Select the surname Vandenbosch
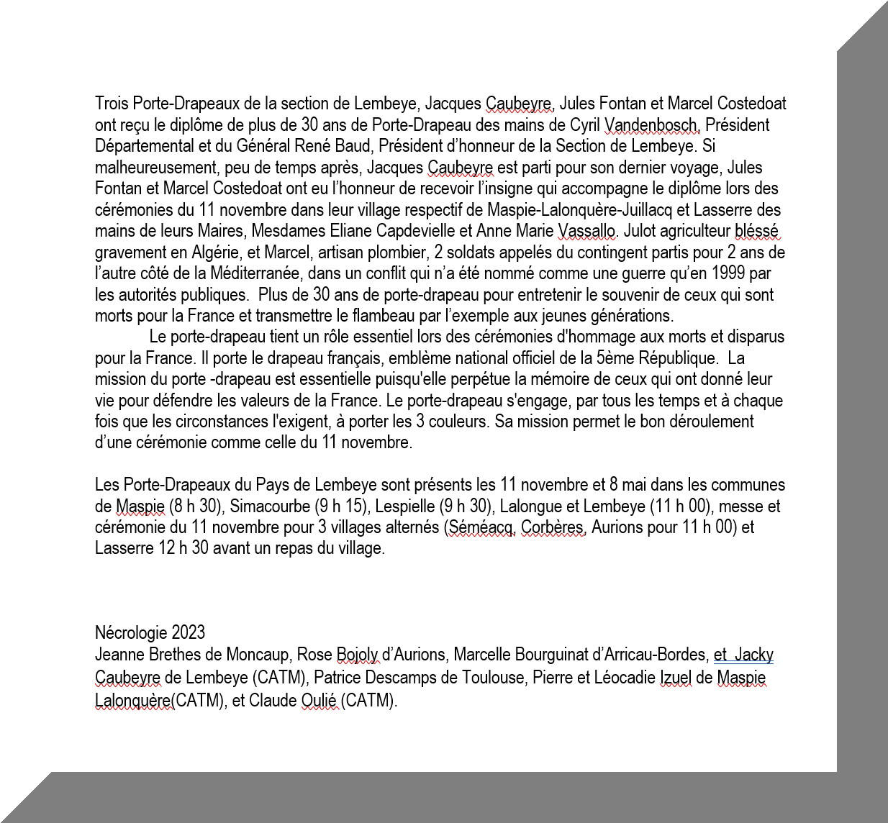[652, 125]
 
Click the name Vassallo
[586, 231]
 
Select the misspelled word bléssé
[756, 231]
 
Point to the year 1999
[730, 273]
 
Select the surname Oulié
[318, 700]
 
